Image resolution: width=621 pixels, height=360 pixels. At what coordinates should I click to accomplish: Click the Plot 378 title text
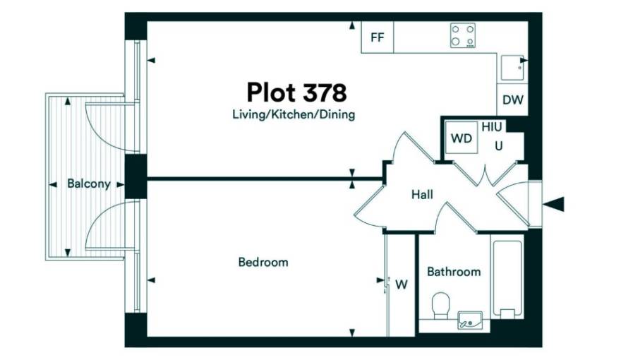(x=296, y=92)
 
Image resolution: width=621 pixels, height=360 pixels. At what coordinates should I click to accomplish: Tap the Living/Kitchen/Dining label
(x=294, y=115)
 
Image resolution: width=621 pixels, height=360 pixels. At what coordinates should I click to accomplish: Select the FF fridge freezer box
(x=378, y=37)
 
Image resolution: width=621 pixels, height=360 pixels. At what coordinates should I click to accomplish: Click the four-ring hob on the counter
(x=463, y=35)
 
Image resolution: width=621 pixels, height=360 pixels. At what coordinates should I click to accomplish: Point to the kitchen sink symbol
(x=512, y=68)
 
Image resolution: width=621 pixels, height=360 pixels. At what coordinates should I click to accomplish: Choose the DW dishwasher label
(x=513, y=100)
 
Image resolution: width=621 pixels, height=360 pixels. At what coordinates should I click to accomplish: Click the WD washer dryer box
(x=462, y=138)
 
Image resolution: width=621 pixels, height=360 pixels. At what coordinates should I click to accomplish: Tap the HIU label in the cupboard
(x=491, y=127)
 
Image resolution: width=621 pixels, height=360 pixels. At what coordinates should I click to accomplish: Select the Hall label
(x=422, y=194)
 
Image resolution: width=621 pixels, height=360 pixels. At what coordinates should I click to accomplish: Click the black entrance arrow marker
(x=554, y=205)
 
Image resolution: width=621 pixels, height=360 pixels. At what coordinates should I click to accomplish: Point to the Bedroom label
(x=263, y=262)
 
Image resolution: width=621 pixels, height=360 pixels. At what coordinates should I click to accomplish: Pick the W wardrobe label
(x=402, y=284)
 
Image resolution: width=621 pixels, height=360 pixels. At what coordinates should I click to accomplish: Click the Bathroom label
(x=454, y=272)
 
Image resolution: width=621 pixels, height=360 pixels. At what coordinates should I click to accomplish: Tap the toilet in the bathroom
(x=441, y=306)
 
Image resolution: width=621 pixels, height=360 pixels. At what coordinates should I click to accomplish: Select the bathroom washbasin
(x=470, y=320)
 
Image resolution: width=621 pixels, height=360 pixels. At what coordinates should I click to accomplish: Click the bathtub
(x=507, y=277)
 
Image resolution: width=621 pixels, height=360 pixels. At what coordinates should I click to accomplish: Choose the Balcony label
(x=89, y=184)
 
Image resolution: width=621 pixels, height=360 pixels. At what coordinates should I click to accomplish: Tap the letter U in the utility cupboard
(x=499, y=146)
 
